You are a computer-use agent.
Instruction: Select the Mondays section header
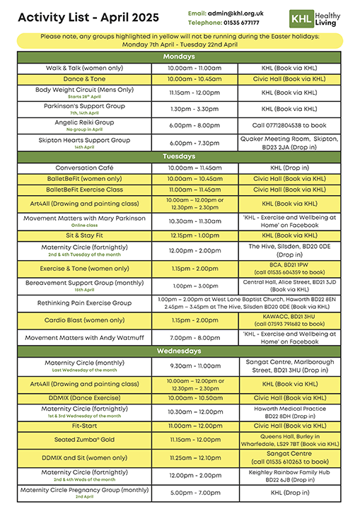coord(180,56)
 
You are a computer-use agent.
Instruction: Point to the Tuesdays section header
coord(180,156)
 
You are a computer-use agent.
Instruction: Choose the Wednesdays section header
coord(180,351)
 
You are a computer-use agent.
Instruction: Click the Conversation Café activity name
coord(84,168)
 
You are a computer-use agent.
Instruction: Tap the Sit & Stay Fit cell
coord(84,235)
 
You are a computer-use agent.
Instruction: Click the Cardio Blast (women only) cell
coord(84,320)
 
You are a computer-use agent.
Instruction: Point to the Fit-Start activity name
coord(84,426)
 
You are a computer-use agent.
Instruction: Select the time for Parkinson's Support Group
coord(194,109)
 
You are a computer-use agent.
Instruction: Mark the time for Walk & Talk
coord(194,68)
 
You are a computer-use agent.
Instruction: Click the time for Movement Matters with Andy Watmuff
coord(194,338)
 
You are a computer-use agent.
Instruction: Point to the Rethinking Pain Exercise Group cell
coord(84,303)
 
